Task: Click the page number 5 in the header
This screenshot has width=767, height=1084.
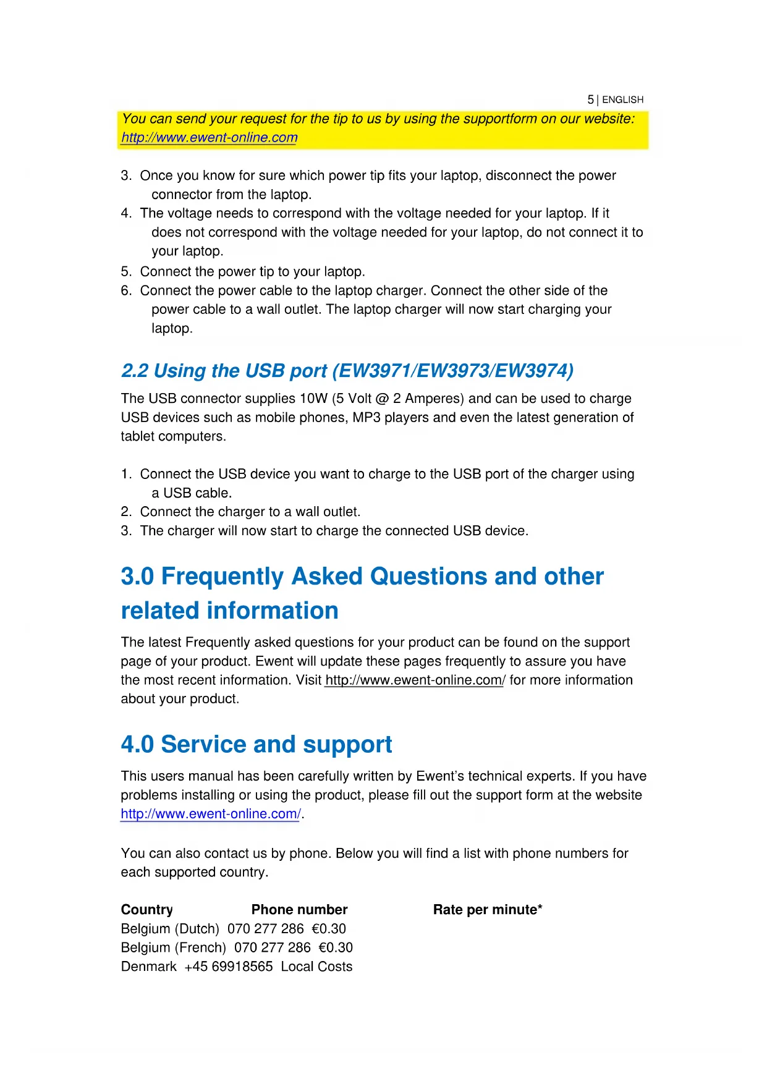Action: [x=590, y=100]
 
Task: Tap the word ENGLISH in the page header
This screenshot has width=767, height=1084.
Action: [x=622, y=100]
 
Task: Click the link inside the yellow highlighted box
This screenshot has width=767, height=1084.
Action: [x=209, y=138]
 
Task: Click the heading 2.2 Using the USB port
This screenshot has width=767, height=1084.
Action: [x=347, y=371]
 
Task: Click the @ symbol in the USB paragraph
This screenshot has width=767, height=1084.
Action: [x=382, y=399]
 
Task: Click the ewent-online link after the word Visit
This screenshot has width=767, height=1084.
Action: [x=415, y=680]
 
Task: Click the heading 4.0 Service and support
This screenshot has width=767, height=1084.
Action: [x=256, y=745]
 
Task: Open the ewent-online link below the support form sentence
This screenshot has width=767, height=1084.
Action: [x=211, y=814]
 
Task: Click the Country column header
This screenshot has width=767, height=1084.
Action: [x=147, y=910]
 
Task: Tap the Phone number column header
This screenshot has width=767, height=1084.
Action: [x=299, y=910]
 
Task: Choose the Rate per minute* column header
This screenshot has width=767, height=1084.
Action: [x=488, y=910]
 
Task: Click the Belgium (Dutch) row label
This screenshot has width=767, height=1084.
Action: [x=170, y=929]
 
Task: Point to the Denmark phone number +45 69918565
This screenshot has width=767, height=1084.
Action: [x=228, y=967]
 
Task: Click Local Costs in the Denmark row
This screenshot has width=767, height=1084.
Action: [x=316, y=967]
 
